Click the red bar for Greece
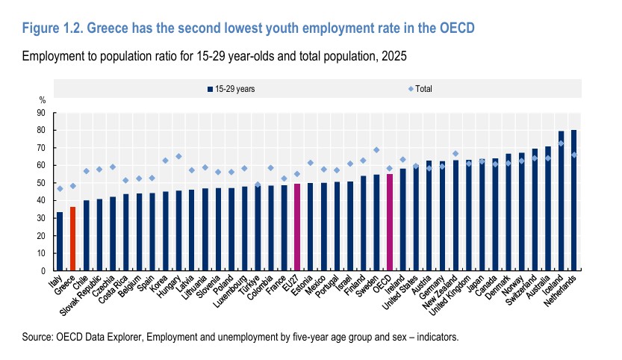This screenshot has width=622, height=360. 73,238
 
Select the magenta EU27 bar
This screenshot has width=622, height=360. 297,227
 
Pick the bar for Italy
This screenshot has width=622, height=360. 60,241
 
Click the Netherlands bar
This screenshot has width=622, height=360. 573,200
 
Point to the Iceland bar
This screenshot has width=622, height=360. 561,201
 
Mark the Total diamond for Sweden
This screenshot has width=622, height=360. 376,150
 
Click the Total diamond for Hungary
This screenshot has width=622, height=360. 178,156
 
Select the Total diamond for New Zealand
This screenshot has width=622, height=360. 455,154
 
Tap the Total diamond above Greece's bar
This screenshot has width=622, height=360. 73,186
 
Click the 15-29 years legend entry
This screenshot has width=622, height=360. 231,89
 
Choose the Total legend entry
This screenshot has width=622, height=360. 420,89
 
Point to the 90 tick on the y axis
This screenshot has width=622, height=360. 41,113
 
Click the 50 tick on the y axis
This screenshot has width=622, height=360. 41,183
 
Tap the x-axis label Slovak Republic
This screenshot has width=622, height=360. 81,295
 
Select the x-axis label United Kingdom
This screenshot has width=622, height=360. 450,295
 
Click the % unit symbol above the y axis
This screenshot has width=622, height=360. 42,100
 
